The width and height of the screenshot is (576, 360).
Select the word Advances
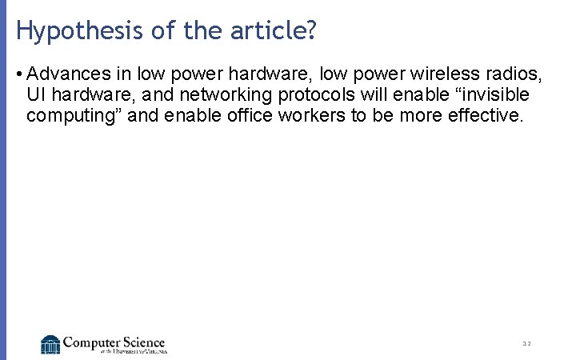69,74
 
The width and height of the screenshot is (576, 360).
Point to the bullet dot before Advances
18,74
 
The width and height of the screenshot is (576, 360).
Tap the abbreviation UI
36,95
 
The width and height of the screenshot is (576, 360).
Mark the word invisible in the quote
491,95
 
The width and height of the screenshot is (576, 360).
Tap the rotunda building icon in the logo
50,344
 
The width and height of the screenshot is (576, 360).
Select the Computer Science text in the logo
114,342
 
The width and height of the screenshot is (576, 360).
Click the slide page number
526,344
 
